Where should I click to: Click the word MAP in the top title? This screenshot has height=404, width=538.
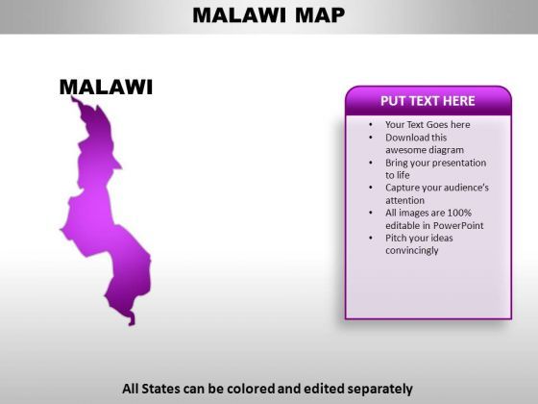point(320,15)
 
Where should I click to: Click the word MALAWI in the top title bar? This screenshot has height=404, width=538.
point(239,15)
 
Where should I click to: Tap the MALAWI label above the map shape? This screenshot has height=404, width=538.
point(106,87)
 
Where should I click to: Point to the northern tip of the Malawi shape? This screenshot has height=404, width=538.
point(72,97)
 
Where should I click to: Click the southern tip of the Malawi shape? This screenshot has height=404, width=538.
point(132,324)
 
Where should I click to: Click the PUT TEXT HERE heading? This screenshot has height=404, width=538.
point(428,101)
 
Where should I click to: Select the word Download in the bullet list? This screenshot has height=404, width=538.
point(407,138)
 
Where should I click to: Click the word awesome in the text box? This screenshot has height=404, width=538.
point(407,150)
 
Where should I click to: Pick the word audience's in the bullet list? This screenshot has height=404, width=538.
point(466,188)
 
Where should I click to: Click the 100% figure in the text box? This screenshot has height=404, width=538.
point(459,213)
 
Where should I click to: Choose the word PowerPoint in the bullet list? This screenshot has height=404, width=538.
point(458,225)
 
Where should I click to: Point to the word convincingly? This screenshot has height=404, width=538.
point(412,250)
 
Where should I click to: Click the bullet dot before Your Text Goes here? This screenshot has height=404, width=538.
point(371,125)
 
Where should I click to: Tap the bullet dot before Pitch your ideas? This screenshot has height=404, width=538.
point(371,238)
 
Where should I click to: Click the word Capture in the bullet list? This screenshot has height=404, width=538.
point(403,188)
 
